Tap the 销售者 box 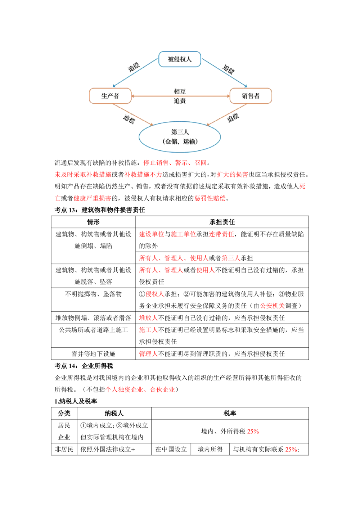(x=251, y=96)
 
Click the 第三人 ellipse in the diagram (x=180, y=136)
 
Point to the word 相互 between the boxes (x=180, y=91)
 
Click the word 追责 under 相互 (x=180, y=101)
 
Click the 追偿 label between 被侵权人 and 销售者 (x=228, y=69)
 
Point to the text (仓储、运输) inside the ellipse (x=180, y=141)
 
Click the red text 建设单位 (x=151, y=235)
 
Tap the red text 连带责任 (x=222, y=235)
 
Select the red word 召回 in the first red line (x=201, y=163)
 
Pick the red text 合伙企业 (x=162, y=390)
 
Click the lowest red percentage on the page (x=291, y=450)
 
